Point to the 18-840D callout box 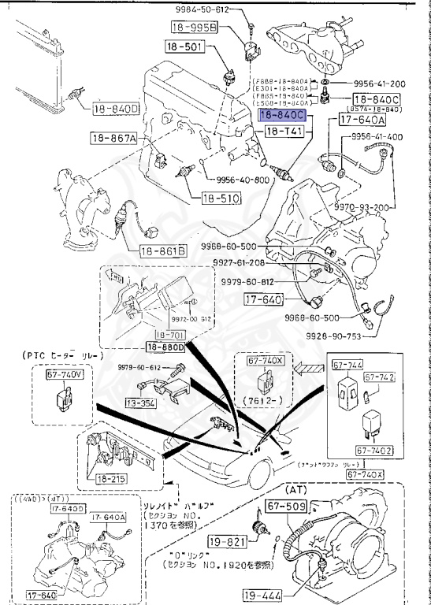tap(115, 109)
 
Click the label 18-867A tap(114, 139)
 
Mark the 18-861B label tap(163, 251)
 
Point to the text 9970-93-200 tap(362, 206)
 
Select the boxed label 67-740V tap(63, 377)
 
